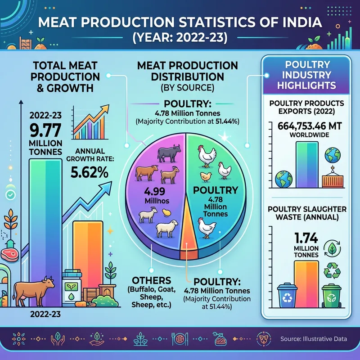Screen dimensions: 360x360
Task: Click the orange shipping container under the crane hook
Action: pyautogui.click(x=333, y=180)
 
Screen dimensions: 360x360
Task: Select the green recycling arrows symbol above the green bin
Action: pyautogui.click(x=333, y=270)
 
